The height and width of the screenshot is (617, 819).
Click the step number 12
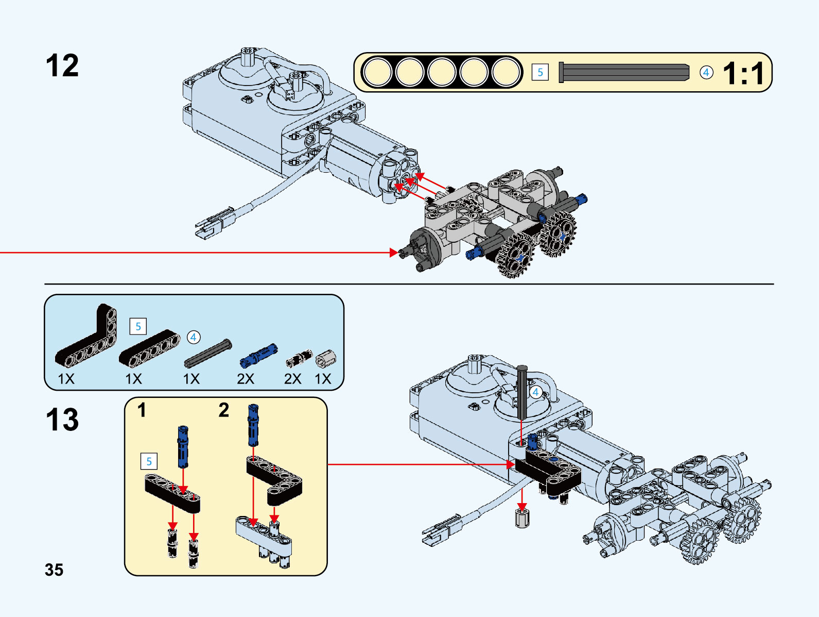pos(62,66)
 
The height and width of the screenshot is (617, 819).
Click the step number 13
pos(62,420)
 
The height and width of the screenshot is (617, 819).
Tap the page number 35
pos(54,570)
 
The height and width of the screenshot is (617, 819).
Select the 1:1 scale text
pos(743,73)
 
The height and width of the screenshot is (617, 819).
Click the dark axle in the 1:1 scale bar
pos(624,73)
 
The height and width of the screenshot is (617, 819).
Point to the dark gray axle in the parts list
pos(208,354)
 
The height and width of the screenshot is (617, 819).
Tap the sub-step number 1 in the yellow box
pos(142,410)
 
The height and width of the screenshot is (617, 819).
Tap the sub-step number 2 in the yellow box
pos(223,410)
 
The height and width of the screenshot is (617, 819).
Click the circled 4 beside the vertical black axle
pos(535,392)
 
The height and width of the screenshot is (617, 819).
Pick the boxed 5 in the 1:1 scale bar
pos(540,72)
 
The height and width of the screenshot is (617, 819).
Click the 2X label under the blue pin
pos(246,379)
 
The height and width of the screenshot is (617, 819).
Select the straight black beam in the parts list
pos(150,348)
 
